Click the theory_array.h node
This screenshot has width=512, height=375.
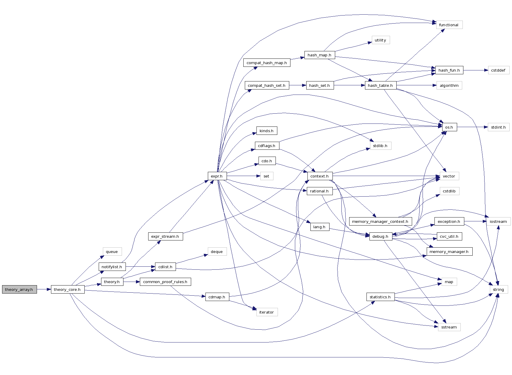19,289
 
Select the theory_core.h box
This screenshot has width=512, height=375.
67,289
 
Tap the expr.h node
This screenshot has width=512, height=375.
217,176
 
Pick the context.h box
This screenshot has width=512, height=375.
320,176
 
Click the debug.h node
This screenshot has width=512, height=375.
380,236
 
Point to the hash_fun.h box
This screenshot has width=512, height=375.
449,70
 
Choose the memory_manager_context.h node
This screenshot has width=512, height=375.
380,221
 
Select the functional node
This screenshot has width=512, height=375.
449,25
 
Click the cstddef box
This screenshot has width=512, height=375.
498,70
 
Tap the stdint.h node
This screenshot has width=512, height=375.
498,127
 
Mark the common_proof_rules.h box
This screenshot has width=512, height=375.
165,282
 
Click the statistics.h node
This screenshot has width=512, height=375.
380,297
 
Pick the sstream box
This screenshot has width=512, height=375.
449,327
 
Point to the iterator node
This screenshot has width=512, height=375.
267,312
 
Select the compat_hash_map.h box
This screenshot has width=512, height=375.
267,63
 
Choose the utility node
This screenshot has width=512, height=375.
380,40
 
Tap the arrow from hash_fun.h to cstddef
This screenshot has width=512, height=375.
476,70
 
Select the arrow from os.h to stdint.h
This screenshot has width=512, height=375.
472,127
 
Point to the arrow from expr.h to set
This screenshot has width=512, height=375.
243,176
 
